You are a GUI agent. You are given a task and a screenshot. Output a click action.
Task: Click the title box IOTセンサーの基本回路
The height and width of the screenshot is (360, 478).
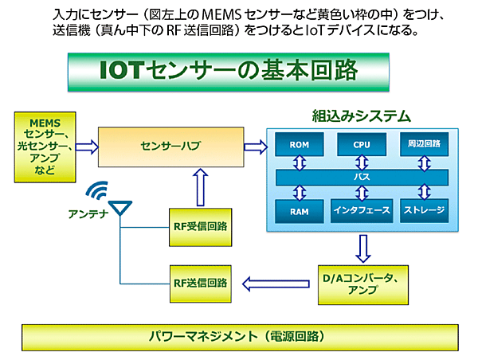pos(238,72)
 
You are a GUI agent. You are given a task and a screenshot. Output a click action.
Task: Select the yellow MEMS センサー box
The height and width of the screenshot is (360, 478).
pos(45,147)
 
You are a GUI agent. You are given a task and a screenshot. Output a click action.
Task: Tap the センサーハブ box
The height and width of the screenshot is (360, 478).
pos(169,147)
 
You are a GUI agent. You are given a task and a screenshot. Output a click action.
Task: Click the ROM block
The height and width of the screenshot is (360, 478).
pos(300,145)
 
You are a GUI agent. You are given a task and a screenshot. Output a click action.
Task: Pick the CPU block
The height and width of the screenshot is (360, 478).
pos(360,145)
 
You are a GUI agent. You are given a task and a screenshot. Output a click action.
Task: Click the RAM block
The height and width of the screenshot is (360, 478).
pos(300,210)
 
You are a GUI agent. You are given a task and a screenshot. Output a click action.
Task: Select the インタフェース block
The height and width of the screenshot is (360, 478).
pos(360,210)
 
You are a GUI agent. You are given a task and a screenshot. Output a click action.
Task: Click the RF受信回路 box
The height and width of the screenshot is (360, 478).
pos(199,226)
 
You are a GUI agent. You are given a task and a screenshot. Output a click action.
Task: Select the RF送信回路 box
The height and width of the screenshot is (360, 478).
pos(199,282)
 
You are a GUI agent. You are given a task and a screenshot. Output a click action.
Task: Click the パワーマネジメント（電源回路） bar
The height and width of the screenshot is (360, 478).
pos(238,337)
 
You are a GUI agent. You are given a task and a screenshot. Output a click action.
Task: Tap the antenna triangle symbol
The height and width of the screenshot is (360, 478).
pos(120,209)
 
